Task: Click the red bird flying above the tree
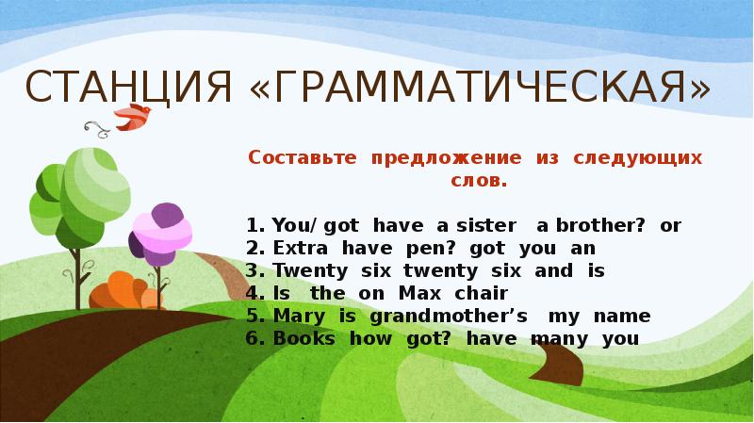(x=131, y=116)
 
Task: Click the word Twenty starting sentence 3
(x=303, y=271)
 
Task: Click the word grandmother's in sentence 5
(x=442, y=317)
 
